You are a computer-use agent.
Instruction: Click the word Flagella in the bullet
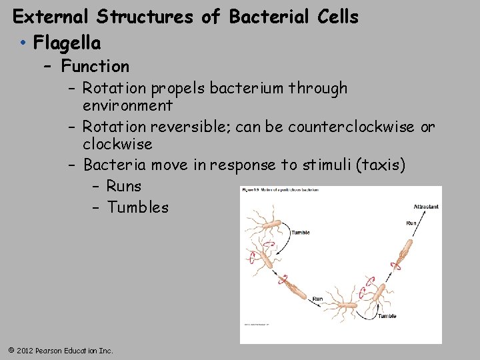point(67,43)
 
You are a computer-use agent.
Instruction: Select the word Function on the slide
point(95,66)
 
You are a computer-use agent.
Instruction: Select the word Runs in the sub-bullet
point(123,186)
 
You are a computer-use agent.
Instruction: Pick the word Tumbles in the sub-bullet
point(137,207)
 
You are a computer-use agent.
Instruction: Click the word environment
point(127,105)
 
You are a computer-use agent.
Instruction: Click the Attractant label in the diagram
point(426,207)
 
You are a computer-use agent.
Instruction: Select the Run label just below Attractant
point(411,223)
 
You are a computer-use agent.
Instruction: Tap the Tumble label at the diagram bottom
point(387,316)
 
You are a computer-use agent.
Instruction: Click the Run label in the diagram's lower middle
point(318,299)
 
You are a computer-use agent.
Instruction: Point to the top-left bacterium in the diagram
point(269,224)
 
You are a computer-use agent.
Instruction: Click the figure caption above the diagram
point(281,190)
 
